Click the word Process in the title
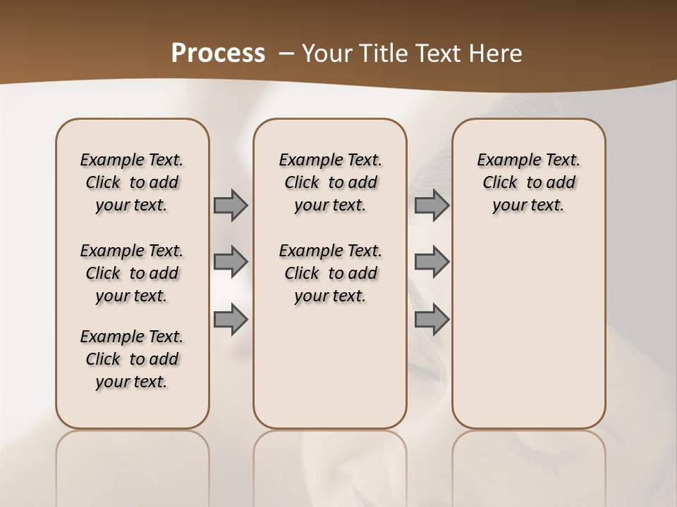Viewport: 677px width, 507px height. [x=218, y=54]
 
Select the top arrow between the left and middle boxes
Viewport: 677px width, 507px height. [x=230, y=206]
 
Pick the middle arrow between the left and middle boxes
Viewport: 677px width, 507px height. [x=230, y=262]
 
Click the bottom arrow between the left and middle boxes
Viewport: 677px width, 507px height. [x=230, y=319]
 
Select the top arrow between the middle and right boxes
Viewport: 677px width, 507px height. [x=432, y=206]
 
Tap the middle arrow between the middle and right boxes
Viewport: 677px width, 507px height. [x=432, y=262]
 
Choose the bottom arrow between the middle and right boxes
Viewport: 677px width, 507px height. [x=432, y=319]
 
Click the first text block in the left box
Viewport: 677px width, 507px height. [x=132, y=182]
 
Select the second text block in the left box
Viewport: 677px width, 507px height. [x=132, y=273]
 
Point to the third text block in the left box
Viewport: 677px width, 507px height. [x=132, y=359]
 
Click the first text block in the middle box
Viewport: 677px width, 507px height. [x=330, y=182]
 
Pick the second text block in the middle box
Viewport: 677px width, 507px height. [x=330, y=273]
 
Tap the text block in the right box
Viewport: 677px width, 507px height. [x=528, y=182]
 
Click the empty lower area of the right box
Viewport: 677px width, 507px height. [x=528, y=331]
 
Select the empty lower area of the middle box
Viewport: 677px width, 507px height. [x=330, y=366]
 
